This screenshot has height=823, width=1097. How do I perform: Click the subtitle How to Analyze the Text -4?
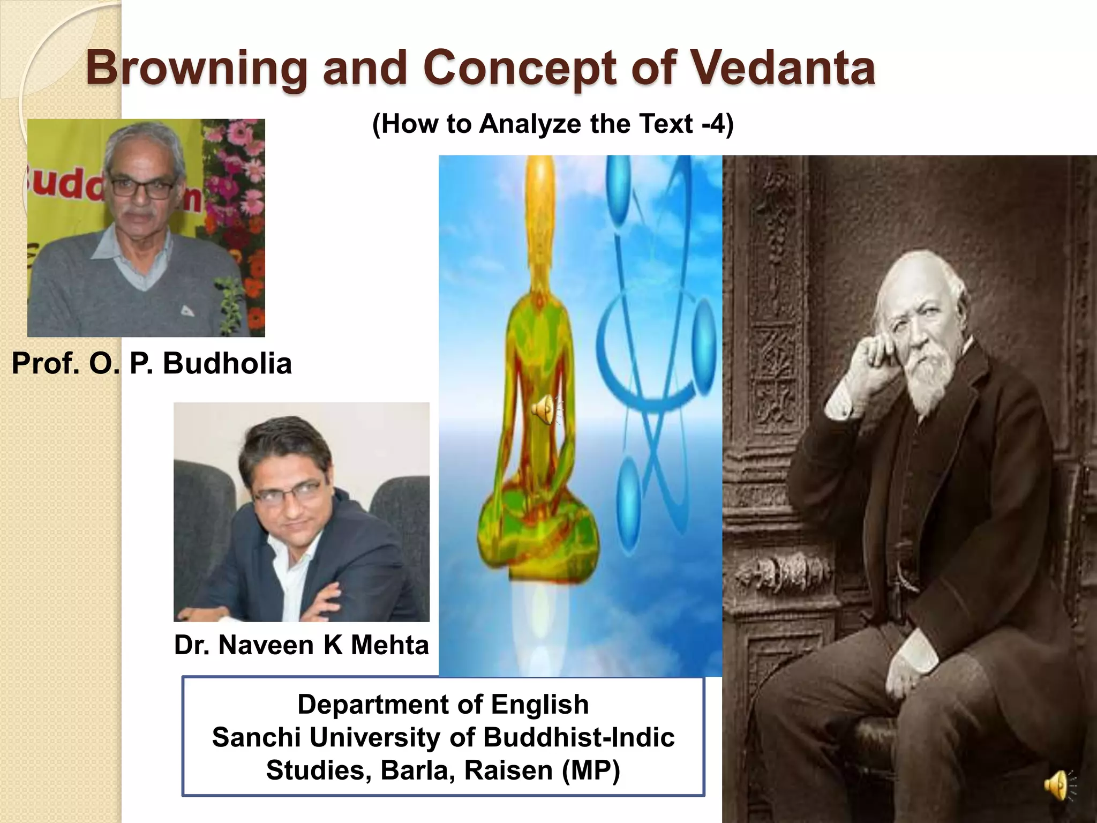[x=552, y=124]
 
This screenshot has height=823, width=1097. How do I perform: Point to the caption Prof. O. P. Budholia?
[x=152, y=363]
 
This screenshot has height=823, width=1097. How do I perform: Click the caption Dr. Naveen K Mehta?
[x=302, y=645]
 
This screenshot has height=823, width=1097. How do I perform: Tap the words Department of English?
[x=443, y=704]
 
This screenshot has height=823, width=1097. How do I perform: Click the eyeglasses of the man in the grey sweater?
[x=140, y=188]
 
